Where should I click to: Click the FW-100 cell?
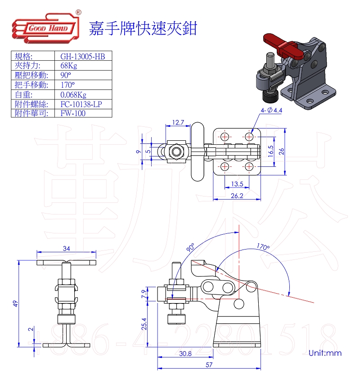tap(73, 113)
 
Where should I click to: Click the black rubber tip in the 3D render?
tap(269, 97)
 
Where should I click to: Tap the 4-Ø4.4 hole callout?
tap(270, 110)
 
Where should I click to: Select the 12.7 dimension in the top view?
tap(178, 122)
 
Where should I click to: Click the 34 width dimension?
tap(67, 248)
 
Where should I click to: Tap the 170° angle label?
tap(263, 247)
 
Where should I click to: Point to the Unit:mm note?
tap(325, 353)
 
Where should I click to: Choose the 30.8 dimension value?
tap(185, 353)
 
